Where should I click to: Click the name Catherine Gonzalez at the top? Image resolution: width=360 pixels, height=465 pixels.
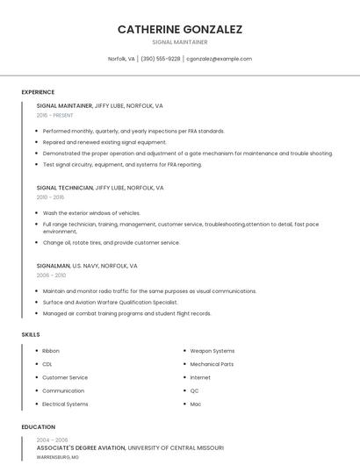click(x=180, y=29)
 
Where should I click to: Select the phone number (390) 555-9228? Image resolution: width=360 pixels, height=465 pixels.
click(x=160, y=59)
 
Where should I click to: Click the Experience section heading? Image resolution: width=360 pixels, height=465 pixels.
click(x=38, y=92)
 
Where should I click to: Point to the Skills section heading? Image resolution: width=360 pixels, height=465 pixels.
click(x=31, y=334)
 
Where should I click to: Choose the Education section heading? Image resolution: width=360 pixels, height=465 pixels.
click(x=38, y=427)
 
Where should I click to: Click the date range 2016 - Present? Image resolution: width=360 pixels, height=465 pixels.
click(x=55, y=115)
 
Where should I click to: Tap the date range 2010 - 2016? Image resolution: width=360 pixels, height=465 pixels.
click(x=52, y=197)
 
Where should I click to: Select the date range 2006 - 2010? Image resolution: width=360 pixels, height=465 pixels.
click(x=52, y=275)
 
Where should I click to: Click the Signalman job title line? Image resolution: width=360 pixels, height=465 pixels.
click(x=87, y=265)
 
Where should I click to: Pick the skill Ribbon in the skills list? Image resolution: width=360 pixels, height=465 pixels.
click(x=51, y=351)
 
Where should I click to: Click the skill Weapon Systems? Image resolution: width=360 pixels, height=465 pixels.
click(x=212, y=351)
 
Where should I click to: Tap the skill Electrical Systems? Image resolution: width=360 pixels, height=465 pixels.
click(x=65, y=404)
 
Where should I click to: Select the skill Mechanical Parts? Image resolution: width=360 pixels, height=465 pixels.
click(x=212, y=364)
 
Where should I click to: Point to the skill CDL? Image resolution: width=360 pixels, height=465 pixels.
click(x=47, y=364)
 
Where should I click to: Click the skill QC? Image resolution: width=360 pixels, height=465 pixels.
click(x=195, y=391)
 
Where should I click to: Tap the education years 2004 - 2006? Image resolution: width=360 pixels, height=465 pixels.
click(x=52, y=440)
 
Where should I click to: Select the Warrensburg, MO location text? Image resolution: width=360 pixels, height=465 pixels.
click(x=57, y=457)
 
